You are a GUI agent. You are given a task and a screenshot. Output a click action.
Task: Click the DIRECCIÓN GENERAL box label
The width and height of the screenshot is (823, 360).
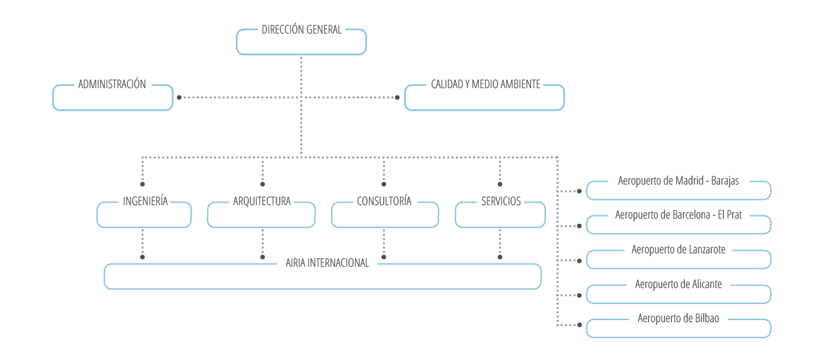click(x=302, y=30)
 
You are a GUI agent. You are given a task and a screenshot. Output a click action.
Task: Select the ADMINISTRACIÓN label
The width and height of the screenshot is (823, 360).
click(x=112, y=84)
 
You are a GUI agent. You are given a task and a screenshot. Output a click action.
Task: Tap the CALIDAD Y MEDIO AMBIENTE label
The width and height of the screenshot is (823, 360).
click(x=485, y=84)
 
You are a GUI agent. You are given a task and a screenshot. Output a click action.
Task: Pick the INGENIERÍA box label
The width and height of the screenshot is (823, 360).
click(x=145, y=201)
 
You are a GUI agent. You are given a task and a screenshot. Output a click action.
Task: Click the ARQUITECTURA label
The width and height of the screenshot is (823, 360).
click(x=262, y=201)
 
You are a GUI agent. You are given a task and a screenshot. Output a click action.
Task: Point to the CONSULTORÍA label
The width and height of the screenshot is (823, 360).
click(x=384, y=201)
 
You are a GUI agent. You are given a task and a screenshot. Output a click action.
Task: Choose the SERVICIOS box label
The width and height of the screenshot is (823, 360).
click(x=501, y=201)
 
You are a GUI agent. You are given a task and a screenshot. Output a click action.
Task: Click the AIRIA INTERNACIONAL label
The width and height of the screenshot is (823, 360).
click(x=327, y=263)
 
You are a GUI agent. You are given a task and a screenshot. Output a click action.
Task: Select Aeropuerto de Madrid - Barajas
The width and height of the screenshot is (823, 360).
click(x=678, y=181)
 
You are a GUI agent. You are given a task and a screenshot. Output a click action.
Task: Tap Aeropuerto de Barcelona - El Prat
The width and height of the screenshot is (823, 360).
click(x=678, y=215)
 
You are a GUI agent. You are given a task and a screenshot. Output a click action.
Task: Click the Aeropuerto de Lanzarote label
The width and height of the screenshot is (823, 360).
click(x=678, y=249)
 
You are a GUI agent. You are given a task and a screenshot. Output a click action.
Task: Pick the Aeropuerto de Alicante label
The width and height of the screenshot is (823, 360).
click(x=678, y=284)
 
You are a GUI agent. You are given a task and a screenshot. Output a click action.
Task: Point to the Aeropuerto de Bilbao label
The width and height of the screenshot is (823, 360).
click(x=678, y=318)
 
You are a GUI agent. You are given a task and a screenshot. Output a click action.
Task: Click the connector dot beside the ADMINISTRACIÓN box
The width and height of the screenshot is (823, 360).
click(x=179, y=97)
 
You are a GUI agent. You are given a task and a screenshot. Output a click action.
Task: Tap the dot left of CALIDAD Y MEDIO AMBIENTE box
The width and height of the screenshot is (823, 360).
click(x=397, y=97)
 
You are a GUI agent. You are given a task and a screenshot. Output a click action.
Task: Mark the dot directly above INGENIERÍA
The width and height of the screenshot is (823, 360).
click(x=143, y=184)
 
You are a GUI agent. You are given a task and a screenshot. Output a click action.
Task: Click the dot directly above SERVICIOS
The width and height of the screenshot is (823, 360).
click(x=500, y=184)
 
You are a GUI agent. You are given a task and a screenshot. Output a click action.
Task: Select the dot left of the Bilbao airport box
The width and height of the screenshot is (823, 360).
click(x=579, y=325)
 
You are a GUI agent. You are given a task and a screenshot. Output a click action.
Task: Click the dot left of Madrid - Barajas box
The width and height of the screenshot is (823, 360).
click(x=579, y=191)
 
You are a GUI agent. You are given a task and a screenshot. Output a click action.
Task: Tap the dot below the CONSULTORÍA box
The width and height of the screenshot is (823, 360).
click(x=384, y=257)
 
